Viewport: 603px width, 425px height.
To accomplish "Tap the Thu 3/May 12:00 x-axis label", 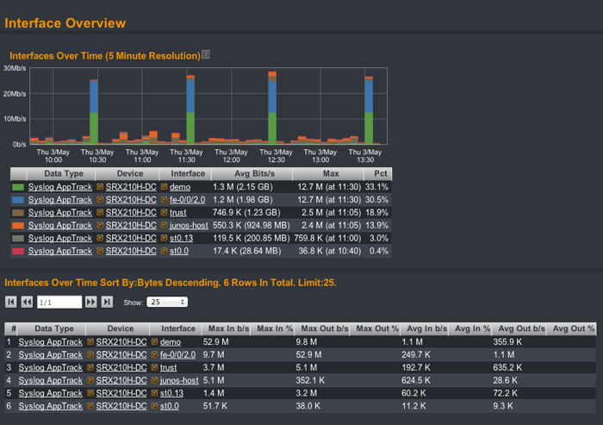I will click(231, 155).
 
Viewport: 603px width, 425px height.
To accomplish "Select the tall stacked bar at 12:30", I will click(272, 108).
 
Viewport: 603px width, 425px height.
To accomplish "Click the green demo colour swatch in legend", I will click(17, 186).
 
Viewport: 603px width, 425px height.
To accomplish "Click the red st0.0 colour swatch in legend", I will click(17, 251).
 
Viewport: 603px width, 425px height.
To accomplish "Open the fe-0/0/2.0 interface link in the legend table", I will click(189, 199).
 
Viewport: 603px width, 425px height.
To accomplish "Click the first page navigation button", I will click(11, 302).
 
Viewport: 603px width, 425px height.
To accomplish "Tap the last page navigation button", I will click(108, 302).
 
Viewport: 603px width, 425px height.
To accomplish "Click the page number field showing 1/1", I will click(59, 302).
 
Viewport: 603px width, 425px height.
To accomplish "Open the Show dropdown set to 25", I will click(167, 302).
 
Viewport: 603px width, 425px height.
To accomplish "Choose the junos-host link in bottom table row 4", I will click(179, 380).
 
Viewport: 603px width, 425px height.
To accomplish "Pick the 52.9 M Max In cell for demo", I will click(215, 341).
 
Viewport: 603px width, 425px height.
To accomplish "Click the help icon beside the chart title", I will click(206, 55).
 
